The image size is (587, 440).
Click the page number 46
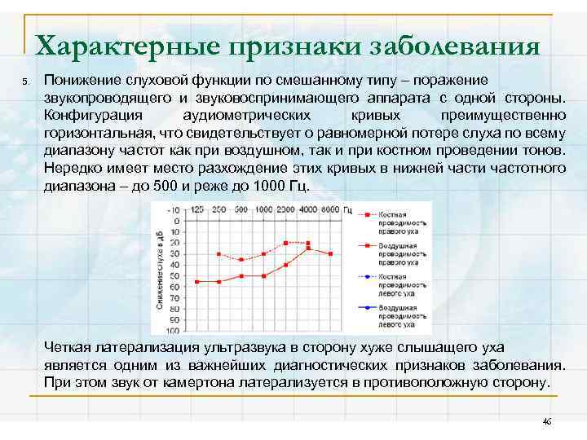tap(547, 421)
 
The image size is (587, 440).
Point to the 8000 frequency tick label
tap(329, 210)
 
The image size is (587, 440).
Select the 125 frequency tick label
tap(197, 210)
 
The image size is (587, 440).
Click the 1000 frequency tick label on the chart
tap(263, 210)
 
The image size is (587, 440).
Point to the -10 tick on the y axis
tap(174, 210)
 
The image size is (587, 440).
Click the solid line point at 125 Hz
tap(197, 282)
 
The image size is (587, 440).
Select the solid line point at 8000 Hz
tap(330, 254)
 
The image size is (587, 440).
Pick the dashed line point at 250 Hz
tap(219, 254)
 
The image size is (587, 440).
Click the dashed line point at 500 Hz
tap(241, 260)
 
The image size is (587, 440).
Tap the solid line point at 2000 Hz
tap(285, 265)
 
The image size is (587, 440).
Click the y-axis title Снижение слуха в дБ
tap(158, 269)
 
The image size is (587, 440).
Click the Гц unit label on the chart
tap(347, 210)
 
